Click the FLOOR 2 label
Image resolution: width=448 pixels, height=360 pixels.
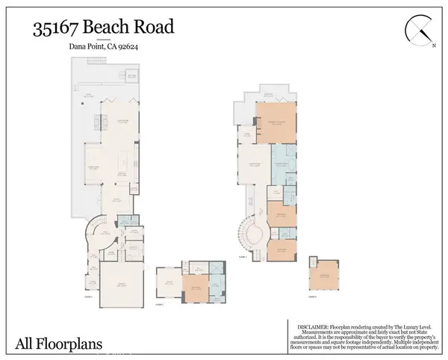[x=243, y=256]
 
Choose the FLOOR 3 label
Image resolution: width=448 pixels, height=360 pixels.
[x=159, y=305]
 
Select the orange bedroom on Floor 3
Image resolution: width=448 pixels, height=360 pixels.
[x=194, y=287]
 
